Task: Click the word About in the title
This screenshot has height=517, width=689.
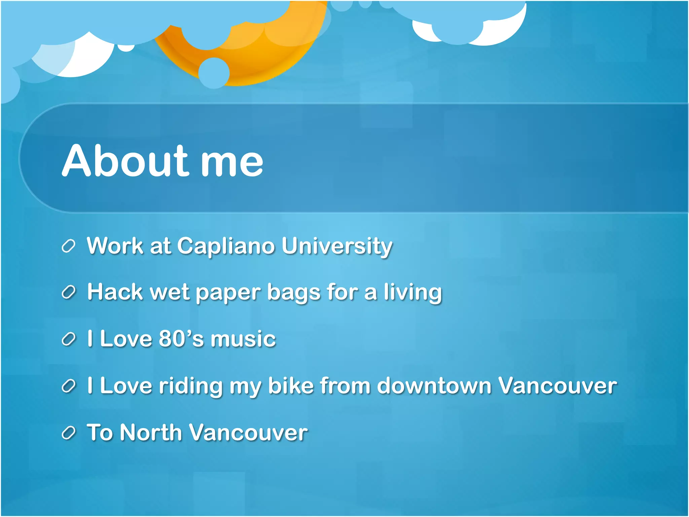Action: click(x=124, y=161)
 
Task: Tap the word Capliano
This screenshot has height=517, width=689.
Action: click(x=226, y=246)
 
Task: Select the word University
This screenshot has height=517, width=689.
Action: click(x=337, y=246)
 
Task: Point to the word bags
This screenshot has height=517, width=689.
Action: click(x=293, y=293)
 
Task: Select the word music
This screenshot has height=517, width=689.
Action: click(x=243, y=339)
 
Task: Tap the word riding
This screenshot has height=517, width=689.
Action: click(x=191, y=386)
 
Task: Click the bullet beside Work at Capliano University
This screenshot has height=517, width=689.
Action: click(x=68, y=246)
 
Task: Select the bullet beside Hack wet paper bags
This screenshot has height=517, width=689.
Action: click(x=68, y=292)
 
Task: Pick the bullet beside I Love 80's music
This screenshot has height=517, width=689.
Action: click(x=68, y=339)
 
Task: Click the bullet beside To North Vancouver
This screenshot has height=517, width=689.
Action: click(x=68, y=433)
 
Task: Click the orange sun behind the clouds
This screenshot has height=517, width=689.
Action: click(x=256, y=64)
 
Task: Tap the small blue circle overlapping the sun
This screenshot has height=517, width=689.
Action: click(x=214, y=73)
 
